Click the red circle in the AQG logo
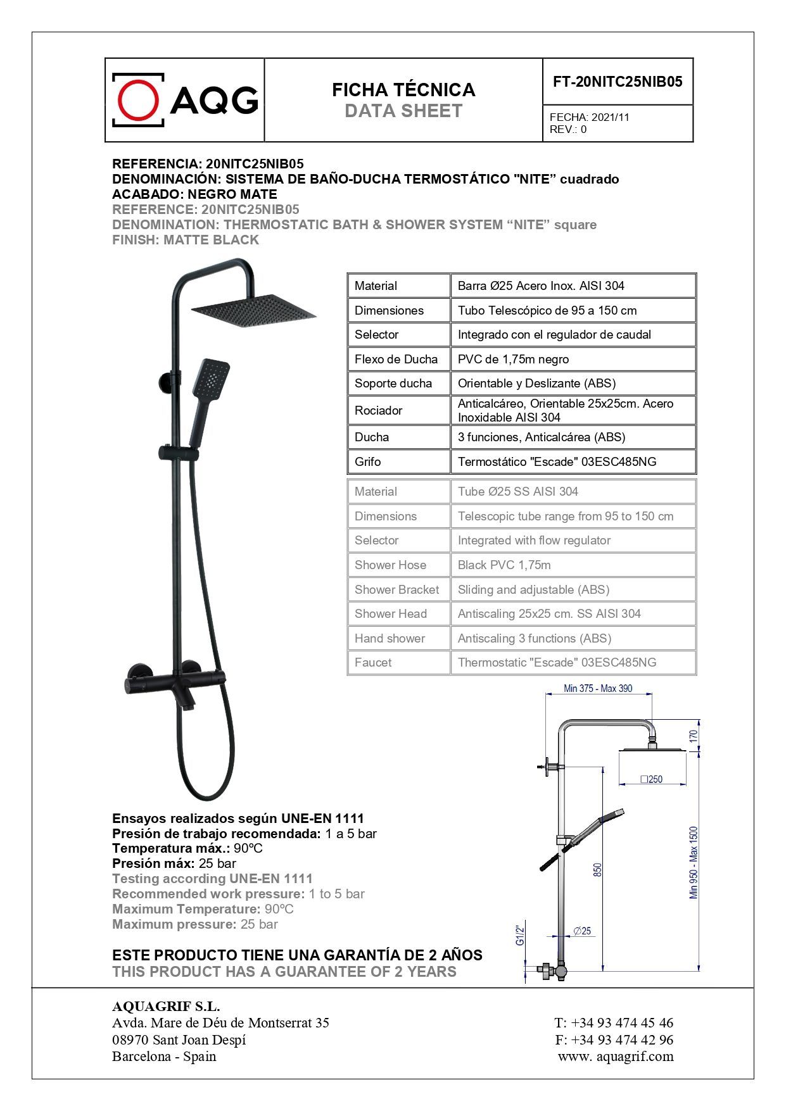coord(138,100)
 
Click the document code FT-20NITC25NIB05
coord(618,82)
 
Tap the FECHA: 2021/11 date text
coord(589,117)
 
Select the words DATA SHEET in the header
coord(403,111)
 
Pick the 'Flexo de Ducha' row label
coord(396,360)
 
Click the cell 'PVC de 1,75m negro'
coord(513,360)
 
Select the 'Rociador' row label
coord(378,411)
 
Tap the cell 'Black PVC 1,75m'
coord(504,565)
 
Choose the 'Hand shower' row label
coord(390,639)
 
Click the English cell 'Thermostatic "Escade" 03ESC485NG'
coord(557,663)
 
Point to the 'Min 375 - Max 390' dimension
coord(598,689)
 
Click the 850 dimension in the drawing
coord(597,870)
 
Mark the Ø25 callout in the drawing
coord(582,931)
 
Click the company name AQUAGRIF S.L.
coord(166,1007)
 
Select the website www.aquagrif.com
coord(616,1056)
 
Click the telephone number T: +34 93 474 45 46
coord(614,1022)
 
